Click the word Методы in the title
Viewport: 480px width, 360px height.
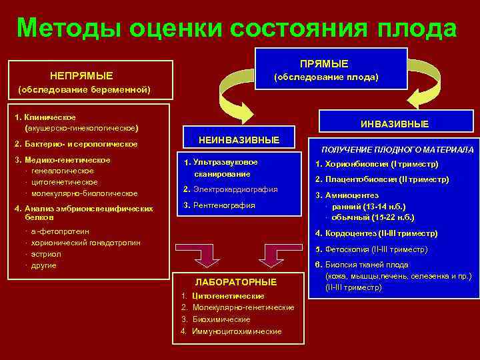[70, 28]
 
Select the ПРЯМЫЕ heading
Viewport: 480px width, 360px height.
[324, 63]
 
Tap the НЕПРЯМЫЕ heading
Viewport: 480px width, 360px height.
[82, 75]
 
